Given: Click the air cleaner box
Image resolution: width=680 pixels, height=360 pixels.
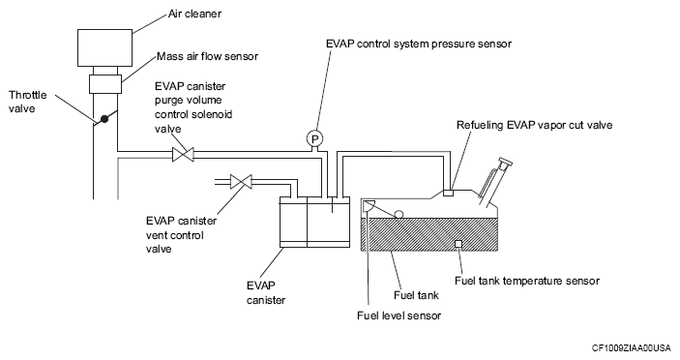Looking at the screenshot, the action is pyautogui.click(x=104, y=47).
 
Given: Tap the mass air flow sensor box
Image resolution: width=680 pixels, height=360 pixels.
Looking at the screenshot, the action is pyautogui.click(x=105, y=84).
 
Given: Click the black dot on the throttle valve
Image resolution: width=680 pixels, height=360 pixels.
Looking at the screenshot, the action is pyautogui.click(x=104, y=118).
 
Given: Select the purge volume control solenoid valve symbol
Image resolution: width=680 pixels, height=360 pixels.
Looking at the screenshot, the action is pyautogui.click(x=183, y=155).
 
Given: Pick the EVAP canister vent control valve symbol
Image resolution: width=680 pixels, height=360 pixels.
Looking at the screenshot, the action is pyautogui.click(x=241, y=182).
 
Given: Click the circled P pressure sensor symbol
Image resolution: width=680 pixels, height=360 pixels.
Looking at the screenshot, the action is pyautogui.click(x=314, y=138).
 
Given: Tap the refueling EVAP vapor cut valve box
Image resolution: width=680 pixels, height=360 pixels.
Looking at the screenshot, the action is pyautogui.click(x=448, y=193).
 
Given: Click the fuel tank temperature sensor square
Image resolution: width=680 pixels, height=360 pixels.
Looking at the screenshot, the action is pyautogui.click(x=458, y=244).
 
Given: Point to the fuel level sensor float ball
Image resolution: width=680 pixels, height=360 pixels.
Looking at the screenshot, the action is pyautogui.click(x=399, y=214).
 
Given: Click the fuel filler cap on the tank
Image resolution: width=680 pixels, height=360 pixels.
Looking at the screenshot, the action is pyautogui.click(x=506, y=163).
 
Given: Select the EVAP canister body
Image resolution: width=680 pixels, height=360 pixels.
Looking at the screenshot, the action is pyautogui.click(x=314, y=222).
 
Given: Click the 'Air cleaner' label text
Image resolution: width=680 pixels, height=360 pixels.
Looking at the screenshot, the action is pyautogui.click(x=194, y=14).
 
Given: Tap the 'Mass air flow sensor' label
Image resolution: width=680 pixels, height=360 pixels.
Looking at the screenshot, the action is pyautogui.click(x=207, y=56).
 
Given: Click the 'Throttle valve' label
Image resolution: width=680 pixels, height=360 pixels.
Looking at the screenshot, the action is pyautogui.click(x=28, y=102).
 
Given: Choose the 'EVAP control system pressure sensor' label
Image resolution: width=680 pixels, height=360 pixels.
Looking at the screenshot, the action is pyautogui.click(x=419, y=44).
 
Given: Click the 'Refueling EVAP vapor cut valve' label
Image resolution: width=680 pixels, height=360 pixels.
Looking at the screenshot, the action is pyautogui.click(x=534, y=126).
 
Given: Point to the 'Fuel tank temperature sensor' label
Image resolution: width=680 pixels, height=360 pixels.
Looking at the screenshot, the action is pyautogui.click(x=527, y=281).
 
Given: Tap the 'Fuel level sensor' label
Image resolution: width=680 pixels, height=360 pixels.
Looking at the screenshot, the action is pyautogui.click(x=399, y=315).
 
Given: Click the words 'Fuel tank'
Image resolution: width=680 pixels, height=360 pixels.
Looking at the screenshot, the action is pyautogui.click(x=416, y=295).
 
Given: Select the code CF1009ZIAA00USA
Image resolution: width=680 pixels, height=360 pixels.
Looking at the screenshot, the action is pyautogui.click(x=631, y=347).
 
